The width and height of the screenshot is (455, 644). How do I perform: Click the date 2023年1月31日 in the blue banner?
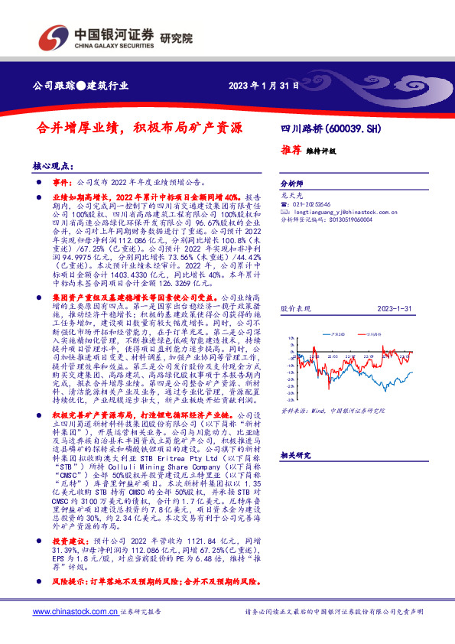[262, 86]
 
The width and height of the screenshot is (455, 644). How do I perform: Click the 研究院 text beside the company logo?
[177, 37]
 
